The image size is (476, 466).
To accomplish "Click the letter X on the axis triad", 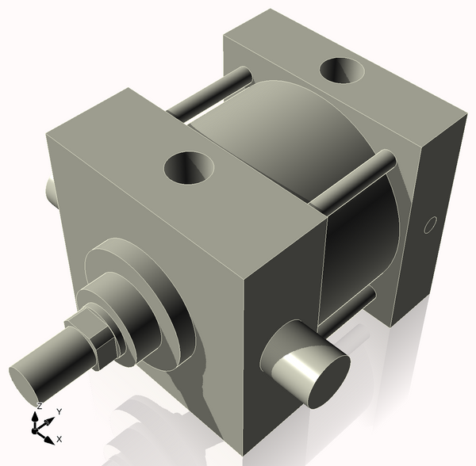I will point(59,438).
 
